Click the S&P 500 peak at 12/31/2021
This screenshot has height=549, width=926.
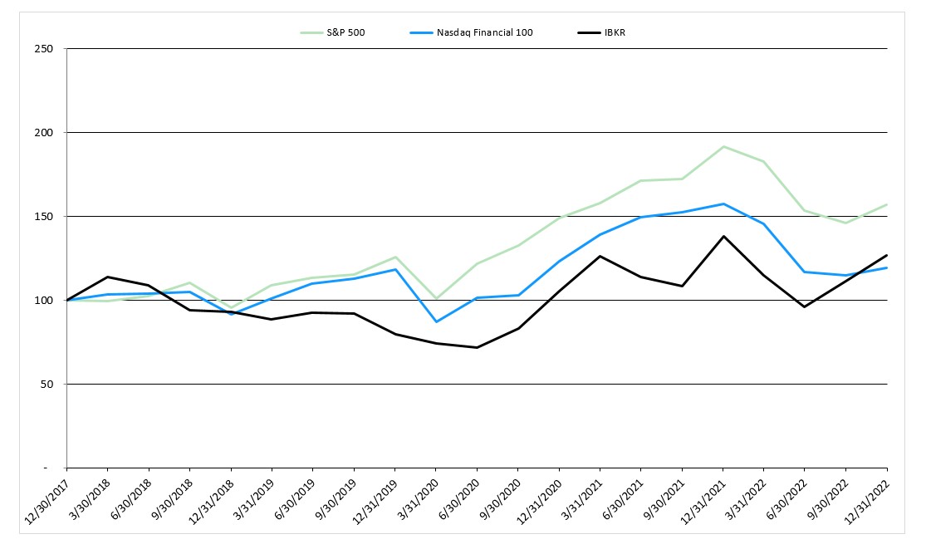tap(723, 146)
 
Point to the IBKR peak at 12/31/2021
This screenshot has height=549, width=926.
tap(723, 237)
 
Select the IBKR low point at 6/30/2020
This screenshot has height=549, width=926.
tap(477, 347)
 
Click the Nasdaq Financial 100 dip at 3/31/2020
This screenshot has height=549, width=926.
tap(436, 321)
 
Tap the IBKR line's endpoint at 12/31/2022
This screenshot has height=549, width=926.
tap(887, 255)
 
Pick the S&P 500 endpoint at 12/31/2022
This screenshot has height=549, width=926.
tap(887, 204)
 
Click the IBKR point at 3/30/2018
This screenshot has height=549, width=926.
tap(108, 277)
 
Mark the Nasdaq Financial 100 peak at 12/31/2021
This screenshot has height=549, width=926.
tap(723, 203)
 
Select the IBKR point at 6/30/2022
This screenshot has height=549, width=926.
tap(805, 306)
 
